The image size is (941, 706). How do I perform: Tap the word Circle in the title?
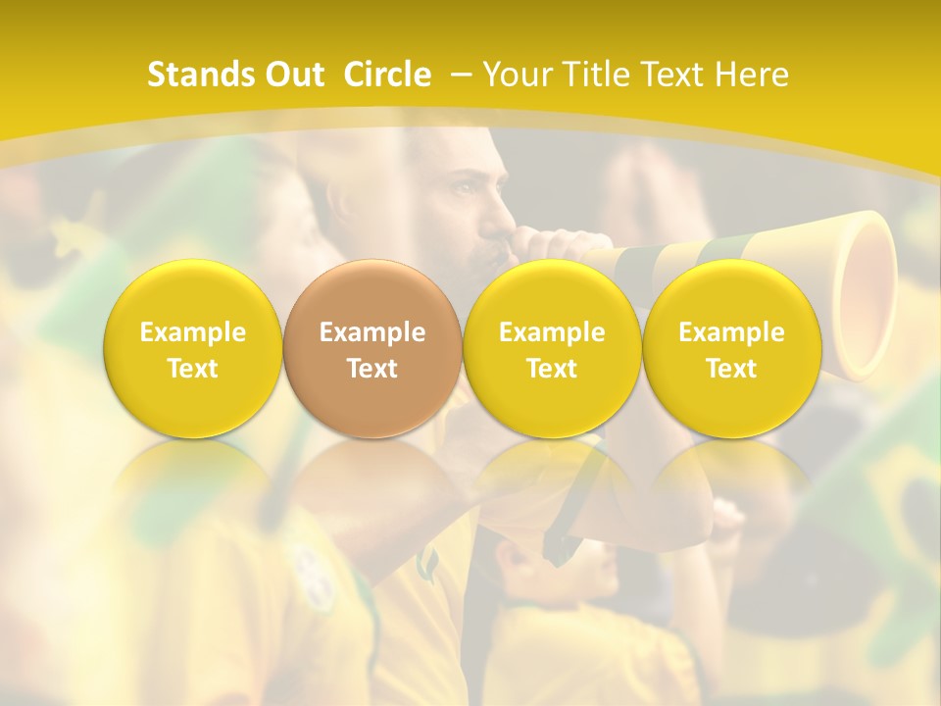387,75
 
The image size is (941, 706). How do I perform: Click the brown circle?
371,349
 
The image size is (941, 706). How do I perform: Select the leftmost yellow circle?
192,349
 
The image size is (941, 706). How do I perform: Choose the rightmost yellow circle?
731,349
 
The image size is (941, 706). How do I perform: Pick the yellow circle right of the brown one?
552,349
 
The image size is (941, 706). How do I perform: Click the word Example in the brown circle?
372,332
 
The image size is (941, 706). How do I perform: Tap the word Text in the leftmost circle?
192,369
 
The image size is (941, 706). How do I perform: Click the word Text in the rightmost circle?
731,369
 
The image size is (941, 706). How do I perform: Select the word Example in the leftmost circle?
192,332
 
